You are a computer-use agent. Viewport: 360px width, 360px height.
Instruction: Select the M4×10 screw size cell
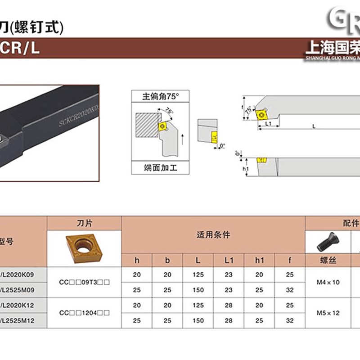pos(328,282)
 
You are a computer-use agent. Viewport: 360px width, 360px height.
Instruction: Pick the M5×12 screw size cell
pos(328,313)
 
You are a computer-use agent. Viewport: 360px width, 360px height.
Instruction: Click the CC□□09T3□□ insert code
pos(84,282)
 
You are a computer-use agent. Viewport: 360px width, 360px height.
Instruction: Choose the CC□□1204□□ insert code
pos(84,313)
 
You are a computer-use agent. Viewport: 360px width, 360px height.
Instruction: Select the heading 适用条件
pos(213,235)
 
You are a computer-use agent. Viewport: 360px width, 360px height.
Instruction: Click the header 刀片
pos(84,223)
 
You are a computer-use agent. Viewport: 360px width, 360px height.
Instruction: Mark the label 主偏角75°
pos(161,96)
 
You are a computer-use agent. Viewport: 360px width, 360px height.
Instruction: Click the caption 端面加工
pos(161,168)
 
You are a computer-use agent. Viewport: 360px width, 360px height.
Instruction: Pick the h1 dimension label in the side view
pos(245,169)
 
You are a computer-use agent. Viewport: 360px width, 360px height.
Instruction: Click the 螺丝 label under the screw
pos(328,261)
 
